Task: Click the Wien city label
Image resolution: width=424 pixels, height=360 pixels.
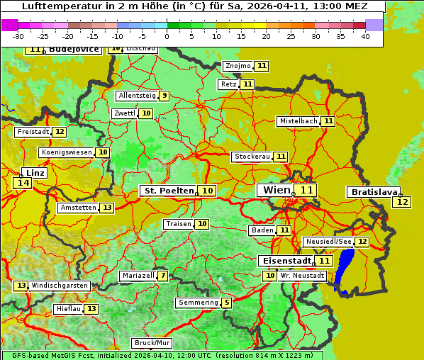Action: coord(277,190)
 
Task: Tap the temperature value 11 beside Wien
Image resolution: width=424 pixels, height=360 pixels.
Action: coord(306,190)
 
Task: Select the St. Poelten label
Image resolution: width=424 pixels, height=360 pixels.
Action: coord(167,191)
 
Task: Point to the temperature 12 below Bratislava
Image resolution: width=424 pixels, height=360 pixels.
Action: coord(402,202)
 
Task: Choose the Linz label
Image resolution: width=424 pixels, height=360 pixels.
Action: coord(35,173)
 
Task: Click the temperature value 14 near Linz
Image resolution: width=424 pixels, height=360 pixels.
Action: coord(23,183)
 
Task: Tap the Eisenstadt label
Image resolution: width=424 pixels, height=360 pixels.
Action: coord(284,261)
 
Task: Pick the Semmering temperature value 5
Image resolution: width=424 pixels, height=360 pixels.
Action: coord(226,303)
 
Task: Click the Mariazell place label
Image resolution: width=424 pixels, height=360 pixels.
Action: coord(138,275)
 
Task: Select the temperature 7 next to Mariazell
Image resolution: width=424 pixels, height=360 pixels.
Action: coord(163,275)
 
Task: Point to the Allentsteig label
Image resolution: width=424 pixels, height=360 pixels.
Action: coord(137,96)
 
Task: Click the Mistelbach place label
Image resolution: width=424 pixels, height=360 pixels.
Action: coord(298,121)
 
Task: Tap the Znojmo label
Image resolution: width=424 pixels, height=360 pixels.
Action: coord(238,66)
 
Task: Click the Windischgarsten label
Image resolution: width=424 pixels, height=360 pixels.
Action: coord(60,285)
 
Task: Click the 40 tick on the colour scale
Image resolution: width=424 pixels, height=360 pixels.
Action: coord(365,36)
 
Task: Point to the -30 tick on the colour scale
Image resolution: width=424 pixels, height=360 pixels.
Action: coord(18,36)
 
